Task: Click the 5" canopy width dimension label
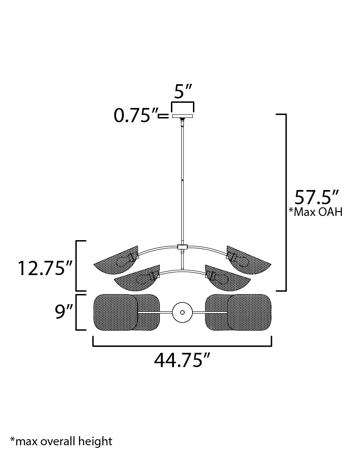pyautogui.click(x=183, y=92)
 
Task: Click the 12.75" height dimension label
pyautogui.click(x=44, y=268)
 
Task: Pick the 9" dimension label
pyautogui.click(x=62, y=312)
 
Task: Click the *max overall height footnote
pyautogui.click(x=61, y=441)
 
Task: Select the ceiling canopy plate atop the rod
pyautogui.click(x=183, y=116)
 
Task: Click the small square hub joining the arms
pyautogui.click(x=183, y=247)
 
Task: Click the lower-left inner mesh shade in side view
pyautogui.click(x=136, y=279)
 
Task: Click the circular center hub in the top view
pyautogui.click(x=182, y=312)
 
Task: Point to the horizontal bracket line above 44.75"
pyautogui.click(x=182, y=345)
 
